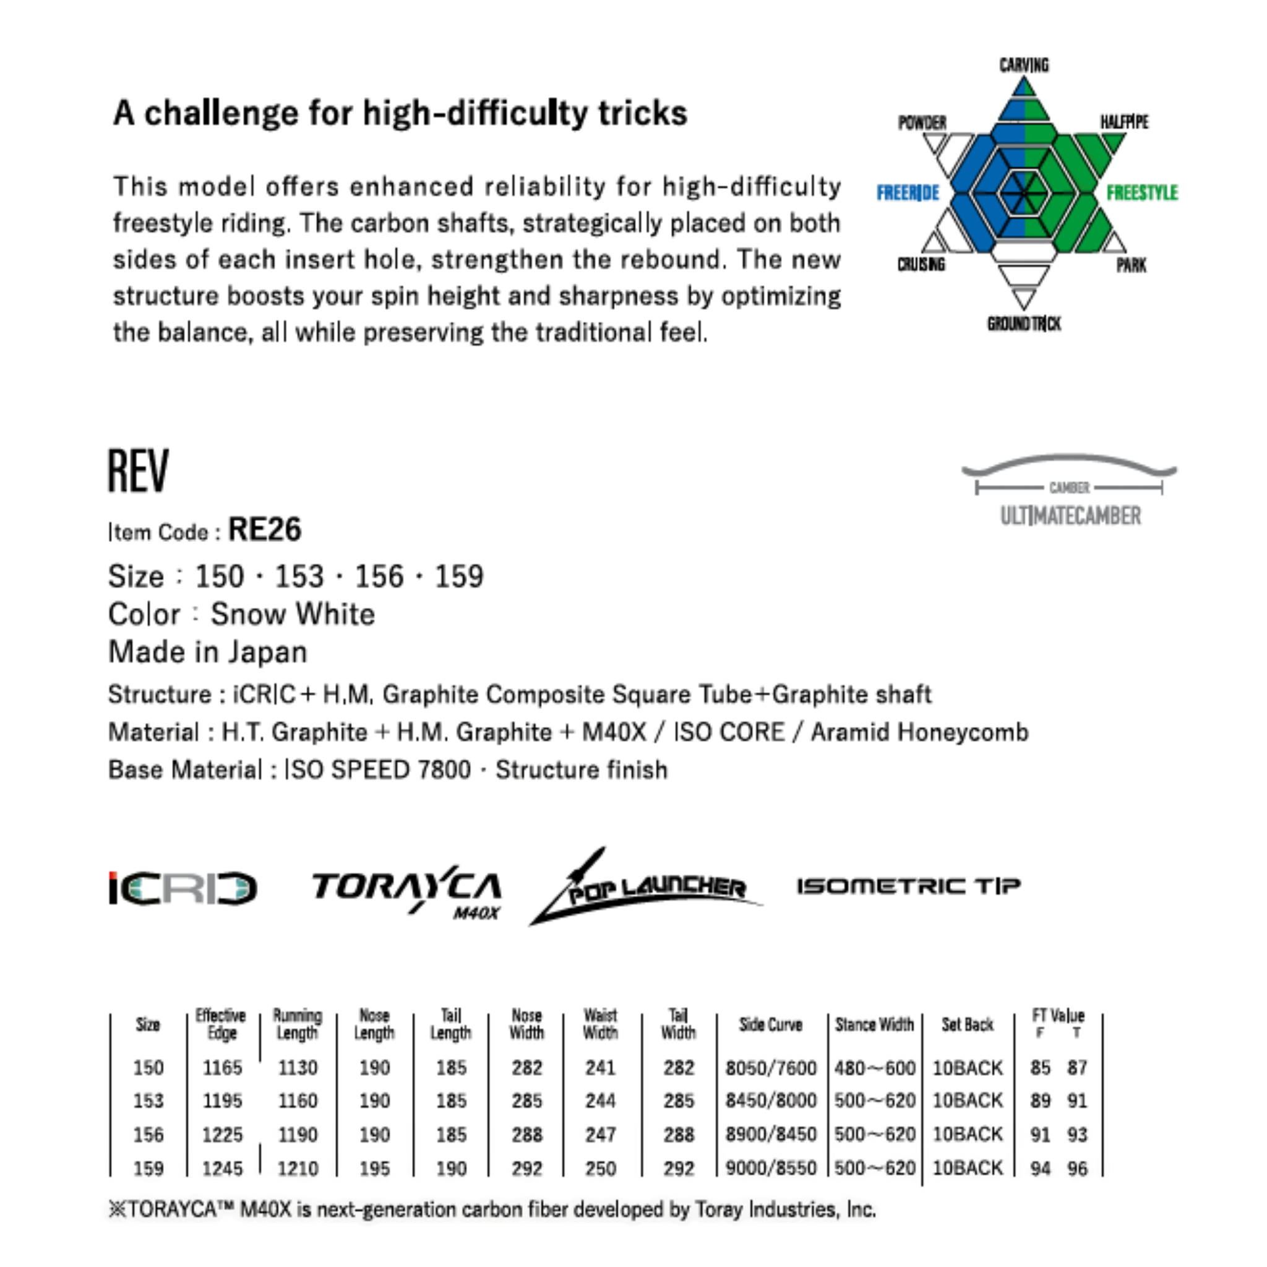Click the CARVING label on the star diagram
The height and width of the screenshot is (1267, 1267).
(x=1024, y=66)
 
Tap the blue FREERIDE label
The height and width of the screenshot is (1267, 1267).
(x=908, y=193)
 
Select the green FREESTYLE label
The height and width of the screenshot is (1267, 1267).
(x=1142, y=193)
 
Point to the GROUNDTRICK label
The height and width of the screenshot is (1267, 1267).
(x=1024, y=324)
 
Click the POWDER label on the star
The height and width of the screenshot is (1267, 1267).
(x=922, y=122)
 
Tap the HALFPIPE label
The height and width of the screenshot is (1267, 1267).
(x=1124, y=122)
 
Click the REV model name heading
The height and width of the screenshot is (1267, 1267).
(x=139, y=471)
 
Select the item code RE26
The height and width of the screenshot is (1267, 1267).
(x=265, y=530)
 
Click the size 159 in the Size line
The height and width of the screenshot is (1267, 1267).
(x=459, y=577)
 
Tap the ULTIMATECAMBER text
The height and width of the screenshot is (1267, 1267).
(x=1070, y=516)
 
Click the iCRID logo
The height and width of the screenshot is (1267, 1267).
(x=183, y=888)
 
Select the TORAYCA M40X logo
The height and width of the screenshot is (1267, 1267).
(x=406, y=891)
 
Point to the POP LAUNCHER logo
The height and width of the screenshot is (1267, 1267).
(x=646, y=887)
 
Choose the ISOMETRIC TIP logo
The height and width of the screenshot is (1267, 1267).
(x=909, y=887)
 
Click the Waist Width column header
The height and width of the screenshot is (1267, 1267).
(x=600, y=1024)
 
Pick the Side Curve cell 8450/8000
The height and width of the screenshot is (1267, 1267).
(x=771, y=1101)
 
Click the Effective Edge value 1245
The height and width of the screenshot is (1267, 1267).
(x=222, y=1168)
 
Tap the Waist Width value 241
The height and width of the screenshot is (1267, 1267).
(x=600, y=1068)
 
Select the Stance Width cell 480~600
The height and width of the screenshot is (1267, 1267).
(x=874, y=1068)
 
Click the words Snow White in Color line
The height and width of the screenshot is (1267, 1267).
(x=293, y=614)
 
